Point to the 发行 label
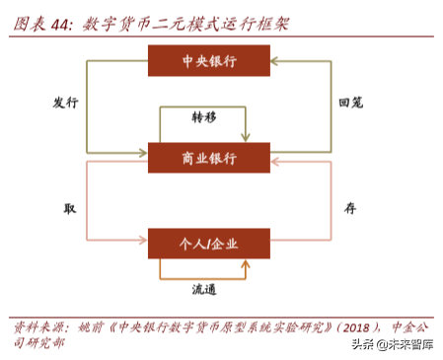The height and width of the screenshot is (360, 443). click(65, 103)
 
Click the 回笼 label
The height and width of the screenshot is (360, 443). click(351, 103)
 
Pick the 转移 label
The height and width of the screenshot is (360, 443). click(204, 116)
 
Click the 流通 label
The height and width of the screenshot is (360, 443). click(204, 288)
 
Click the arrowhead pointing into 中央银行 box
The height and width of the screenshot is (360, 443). click(276, 61)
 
